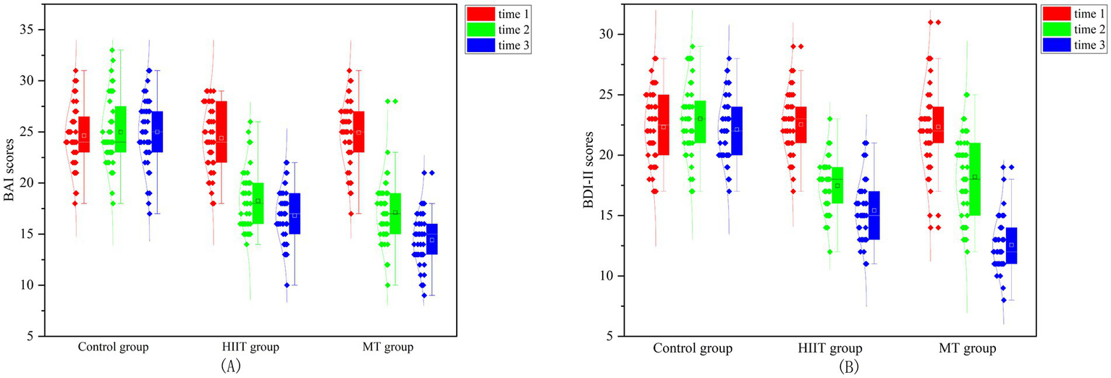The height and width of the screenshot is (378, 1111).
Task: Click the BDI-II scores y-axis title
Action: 588,173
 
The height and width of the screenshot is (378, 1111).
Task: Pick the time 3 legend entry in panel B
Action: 1076,44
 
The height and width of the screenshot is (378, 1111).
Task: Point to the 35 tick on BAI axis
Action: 31,30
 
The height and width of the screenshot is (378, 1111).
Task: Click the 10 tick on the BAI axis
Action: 31,285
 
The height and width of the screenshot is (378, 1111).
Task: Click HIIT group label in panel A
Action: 250,347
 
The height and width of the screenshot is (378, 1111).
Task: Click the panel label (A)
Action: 229,366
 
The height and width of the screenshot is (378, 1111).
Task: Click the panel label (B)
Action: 848,367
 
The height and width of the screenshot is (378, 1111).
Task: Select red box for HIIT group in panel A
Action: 221,132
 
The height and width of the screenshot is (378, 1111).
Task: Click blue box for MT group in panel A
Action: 431,239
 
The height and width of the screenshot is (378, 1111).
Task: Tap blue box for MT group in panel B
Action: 1012,245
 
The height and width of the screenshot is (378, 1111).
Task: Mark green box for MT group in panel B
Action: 975,179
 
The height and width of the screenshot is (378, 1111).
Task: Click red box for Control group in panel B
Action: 663,125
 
